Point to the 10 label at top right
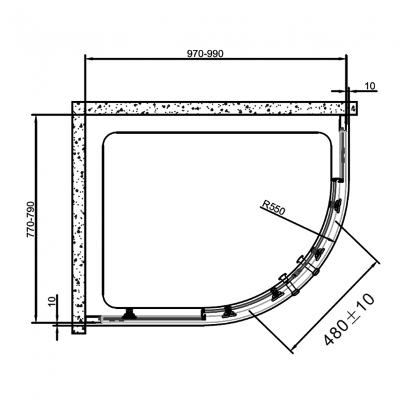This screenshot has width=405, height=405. coord(370,87)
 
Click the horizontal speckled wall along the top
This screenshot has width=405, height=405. coord(212,108)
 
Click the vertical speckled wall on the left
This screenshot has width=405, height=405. coord(79,218)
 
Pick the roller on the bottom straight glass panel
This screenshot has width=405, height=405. coord(130,313)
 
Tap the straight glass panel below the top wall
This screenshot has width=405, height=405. coord(341,153)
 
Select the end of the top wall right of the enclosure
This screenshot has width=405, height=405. coord(353,108)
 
